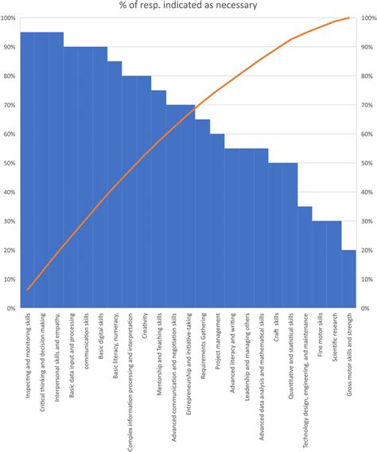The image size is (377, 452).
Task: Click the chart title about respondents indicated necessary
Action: (189, 7)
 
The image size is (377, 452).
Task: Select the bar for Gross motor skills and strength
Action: (349, 279)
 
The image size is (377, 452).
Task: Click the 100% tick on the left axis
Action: (10, 18)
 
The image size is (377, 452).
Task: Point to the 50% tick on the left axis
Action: (10, 163)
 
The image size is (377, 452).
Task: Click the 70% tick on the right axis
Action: (367, 105)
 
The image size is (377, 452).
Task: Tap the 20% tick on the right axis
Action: (367, 250)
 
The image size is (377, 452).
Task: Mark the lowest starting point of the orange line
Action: (28, 290)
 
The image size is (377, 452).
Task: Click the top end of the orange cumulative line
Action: (349, 18)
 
